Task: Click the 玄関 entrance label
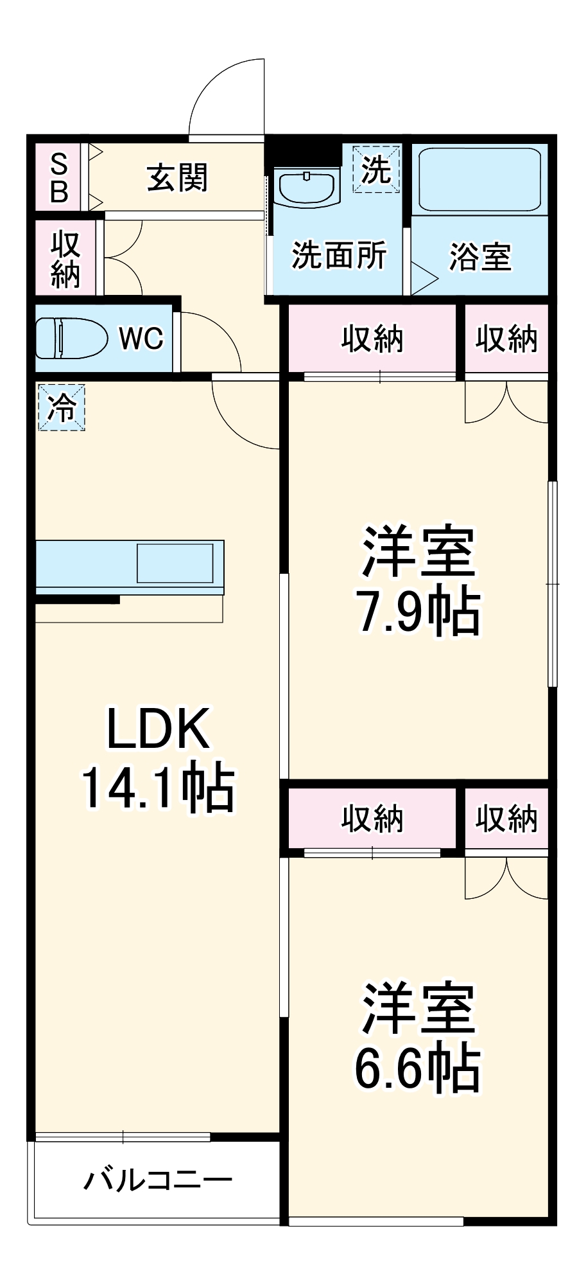coord(177,178)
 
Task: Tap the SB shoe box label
coord(59,177)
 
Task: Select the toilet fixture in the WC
coord(71,338)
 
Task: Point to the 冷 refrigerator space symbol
coord(62,407)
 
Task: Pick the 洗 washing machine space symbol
coord(376,169)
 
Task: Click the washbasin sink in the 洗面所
coord(306,186)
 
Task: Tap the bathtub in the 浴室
coord(479,180)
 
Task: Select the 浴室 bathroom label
coord(479,256)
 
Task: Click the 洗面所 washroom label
coord(339,255)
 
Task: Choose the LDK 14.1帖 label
coord(158,758)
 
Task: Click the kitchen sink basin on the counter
coord(175,563)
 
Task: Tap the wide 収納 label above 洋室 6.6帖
coord(372,819)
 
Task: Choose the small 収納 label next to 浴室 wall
coord(506,338)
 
